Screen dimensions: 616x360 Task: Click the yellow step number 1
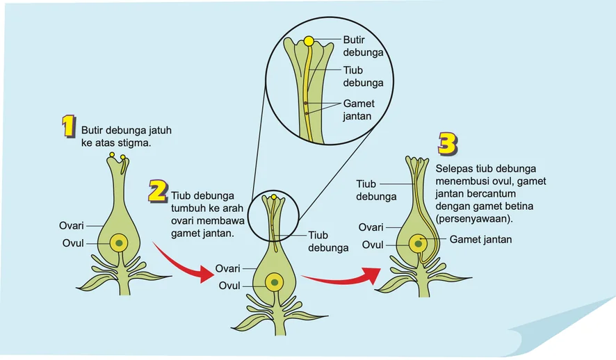point(69,126)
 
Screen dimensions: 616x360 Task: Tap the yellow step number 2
point(159,192)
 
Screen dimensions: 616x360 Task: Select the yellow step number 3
point(448,144)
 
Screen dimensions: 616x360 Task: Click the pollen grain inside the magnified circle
point(309,41)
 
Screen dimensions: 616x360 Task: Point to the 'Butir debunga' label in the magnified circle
point(363,46)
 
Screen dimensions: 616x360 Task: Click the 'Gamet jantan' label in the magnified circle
point(359,110)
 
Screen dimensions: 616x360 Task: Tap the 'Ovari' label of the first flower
point(72,226)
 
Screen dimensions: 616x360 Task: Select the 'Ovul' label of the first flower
point(73,243)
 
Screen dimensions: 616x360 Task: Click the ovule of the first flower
point(119,243)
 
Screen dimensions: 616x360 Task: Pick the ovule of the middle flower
point(274,282)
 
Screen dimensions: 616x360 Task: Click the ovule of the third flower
point(418,244)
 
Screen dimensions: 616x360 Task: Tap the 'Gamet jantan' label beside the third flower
point(480,240)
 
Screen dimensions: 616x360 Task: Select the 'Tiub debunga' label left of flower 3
point(376,190)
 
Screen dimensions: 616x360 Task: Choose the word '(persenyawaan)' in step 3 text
point(474,219)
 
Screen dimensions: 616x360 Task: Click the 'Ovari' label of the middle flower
point(227,268)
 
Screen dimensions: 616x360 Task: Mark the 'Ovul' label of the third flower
point(373,245)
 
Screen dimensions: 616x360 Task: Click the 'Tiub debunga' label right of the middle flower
point(328,241)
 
